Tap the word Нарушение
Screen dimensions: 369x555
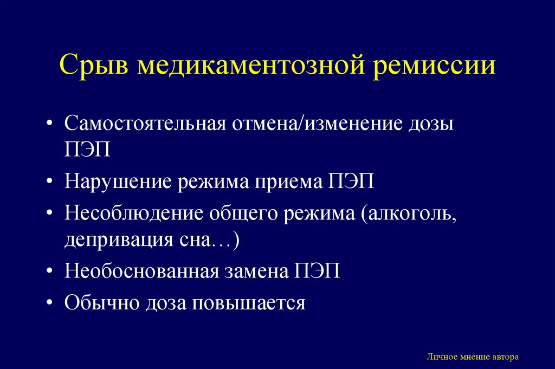(x=119, y=181)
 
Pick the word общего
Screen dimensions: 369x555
(x=240, y=212)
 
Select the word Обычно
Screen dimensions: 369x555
(x=101, y=301)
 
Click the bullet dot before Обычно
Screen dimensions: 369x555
(x=50, y=301)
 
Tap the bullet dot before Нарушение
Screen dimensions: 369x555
(x=50, y=181)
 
